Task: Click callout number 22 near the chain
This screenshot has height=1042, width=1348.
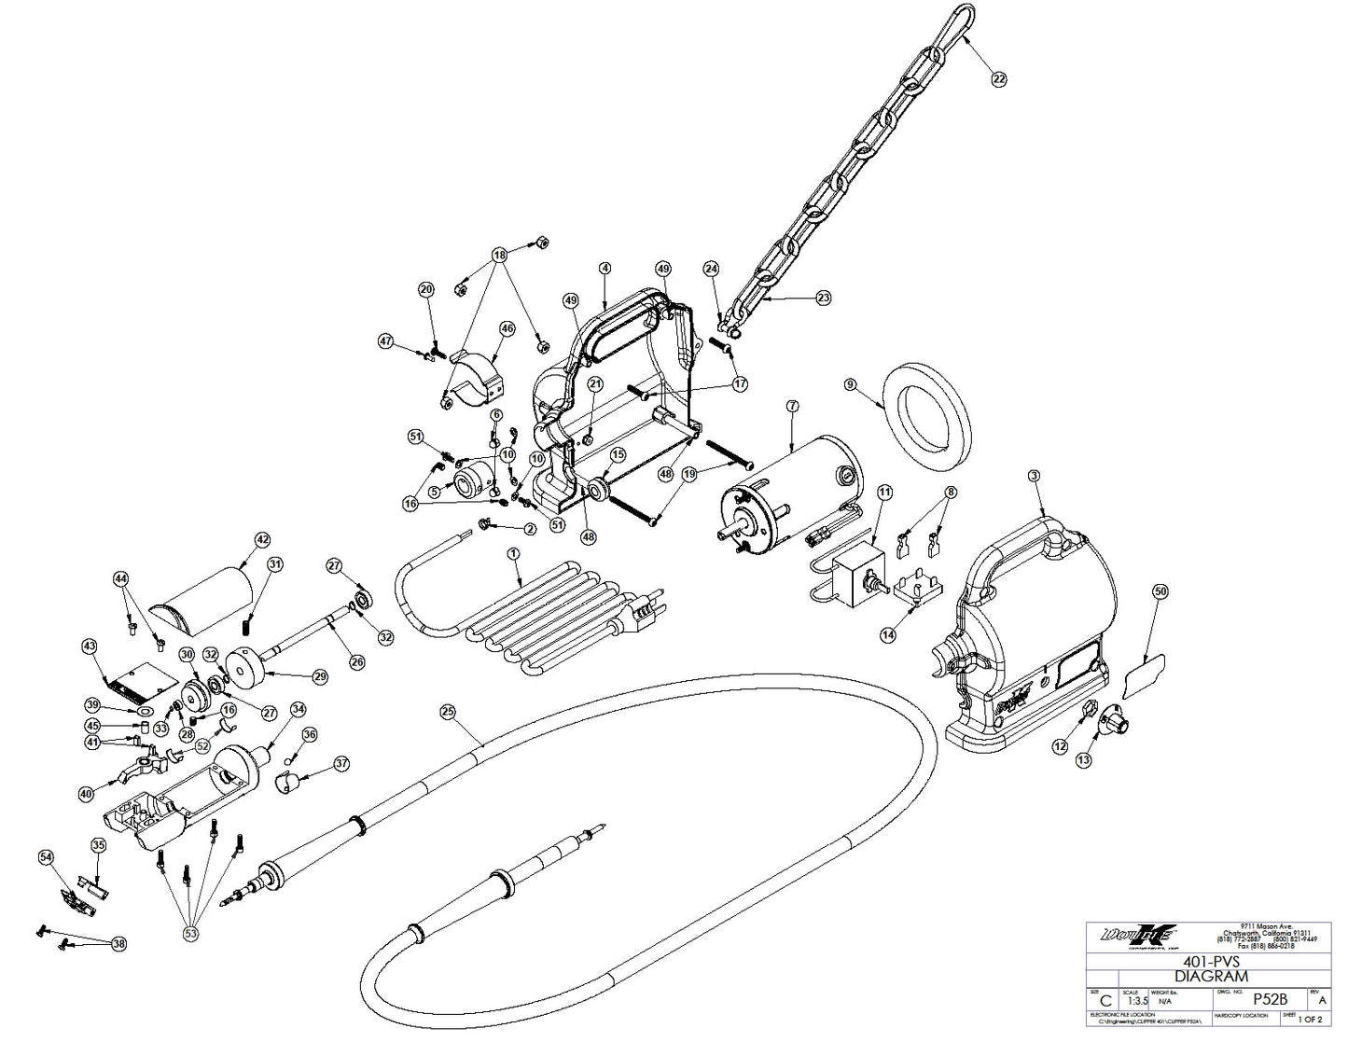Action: (999, 80)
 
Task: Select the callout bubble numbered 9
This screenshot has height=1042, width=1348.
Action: (850, 384)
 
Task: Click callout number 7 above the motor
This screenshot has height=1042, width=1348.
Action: (792, 407)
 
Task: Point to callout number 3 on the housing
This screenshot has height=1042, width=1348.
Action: (1033, 477)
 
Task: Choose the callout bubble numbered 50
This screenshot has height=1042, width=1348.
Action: (1160, 591)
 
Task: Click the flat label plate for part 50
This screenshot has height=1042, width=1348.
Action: (1144, 675)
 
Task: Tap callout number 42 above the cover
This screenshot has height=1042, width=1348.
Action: (262, 539)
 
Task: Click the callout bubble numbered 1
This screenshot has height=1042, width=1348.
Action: (512, 553)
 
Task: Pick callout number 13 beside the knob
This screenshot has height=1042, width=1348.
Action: (1083, 760)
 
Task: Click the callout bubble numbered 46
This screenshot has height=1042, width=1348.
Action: (507, 328)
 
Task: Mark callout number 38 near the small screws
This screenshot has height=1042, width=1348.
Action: (118, 944)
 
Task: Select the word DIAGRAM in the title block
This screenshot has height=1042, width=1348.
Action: (1211, 976)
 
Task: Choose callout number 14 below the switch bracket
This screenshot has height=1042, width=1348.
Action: (887, 633)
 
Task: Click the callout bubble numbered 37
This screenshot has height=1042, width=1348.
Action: (341, 764)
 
